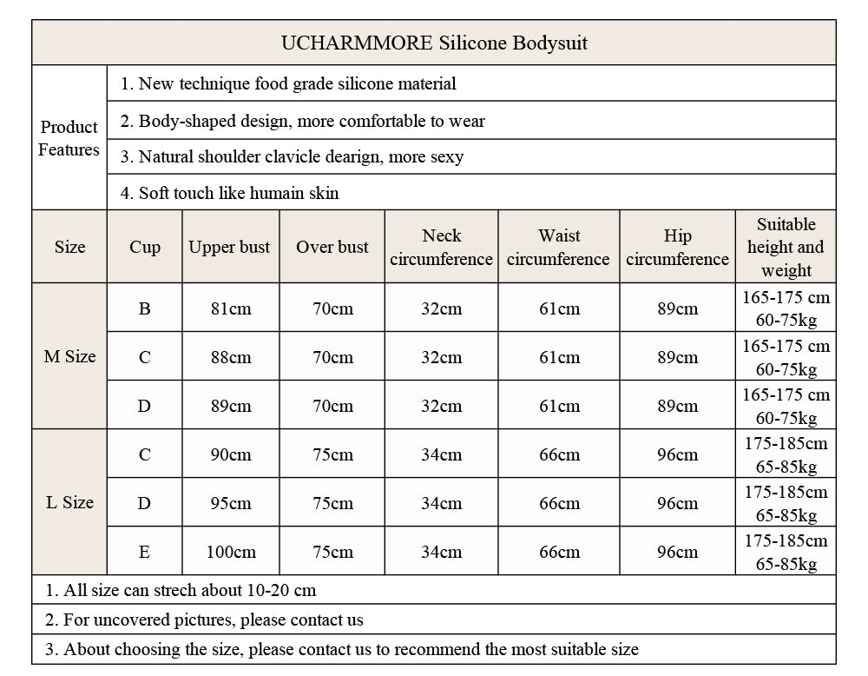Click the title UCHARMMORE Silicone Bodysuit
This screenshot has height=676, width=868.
[434, 43]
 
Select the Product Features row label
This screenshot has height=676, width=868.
[69, 138]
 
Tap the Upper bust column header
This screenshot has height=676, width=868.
[230, 247]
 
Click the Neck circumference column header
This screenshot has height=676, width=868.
[441, 247]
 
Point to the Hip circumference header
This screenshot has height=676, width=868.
[677, 247]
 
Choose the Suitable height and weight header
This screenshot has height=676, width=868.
[786, 247]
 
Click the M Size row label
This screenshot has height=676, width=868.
[69, 356]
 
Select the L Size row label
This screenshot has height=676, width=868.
[69, 502]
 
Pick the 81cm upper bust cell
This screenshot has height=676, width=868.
[230, 308]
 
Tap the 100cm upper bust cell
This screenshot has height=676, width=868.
[231, 552]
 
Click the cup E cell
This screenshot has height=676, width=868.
[144, 552]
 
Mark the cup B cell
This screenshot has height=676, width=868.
[144, 308]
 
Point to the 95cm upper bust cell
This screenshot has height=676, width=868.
[230, 503]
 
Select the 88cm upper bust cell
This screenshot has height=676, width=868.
[230, 357]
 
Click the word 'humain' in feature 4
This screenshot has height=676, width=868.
[277, 193]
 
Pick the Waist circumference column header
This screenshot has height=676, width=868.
[558, 247]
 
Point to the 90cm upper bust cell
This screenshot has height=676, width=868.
[230, 454]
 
